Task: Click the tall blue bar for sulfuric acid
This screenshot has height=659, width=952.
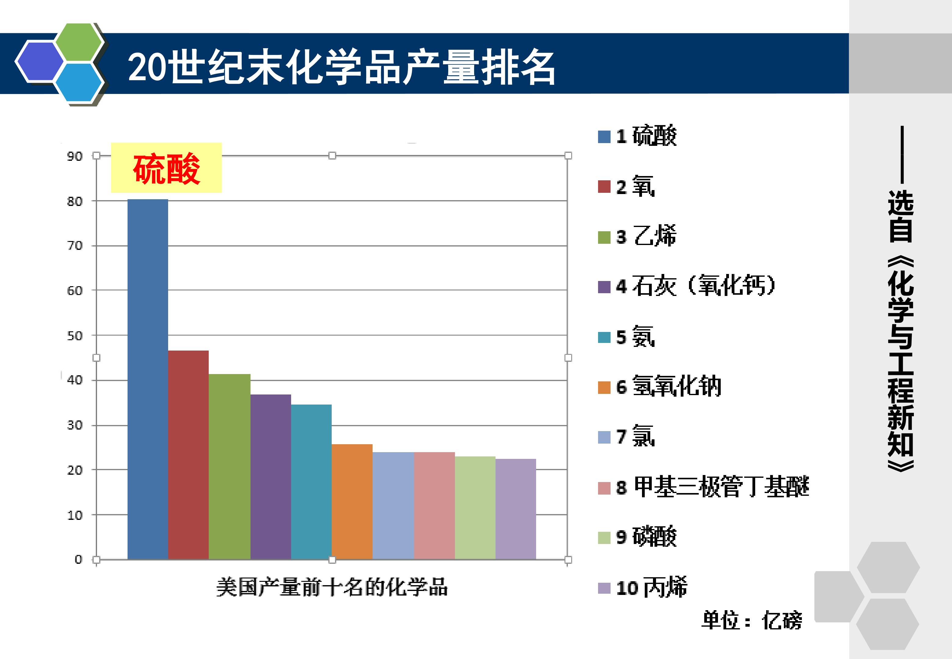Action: pos(148,379)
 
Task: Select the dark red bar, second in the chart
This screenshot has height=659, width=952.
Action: pos(188,455)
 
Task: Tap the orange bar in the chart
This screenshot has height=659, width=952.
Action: pos(352,502)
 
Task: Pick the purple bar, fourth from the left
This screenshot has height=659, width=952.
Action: pos(270,477)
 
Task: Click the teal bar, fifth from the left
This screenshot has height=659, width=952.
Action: pos(311,482)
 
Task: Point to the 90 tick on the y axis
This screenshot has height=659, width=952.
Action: pos(75,157)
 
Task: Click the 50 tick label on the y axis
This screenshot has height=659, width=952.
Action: pos(75,336)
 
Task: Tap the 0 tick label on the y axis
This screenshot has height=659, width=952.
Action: pos(78,560)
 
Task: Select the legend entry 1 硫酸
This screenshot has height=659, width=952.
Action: pos(637,136)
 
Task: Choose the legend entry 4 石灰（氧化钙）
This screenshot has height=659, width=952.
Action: pos(687,286)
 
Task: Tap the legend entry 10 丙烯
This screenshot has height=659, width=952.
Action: pos(642,587)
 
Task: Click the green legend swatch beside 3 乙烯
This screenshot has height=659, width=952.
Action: pos(604,237)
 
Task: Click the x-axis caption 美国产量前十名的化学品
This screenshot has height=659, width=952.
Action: pos(332,587)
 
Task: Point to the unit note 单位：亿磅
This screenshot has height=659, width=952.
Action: pos(751,620)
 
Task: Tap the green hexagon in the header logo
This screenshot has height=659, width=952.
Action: pos(79,42)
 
